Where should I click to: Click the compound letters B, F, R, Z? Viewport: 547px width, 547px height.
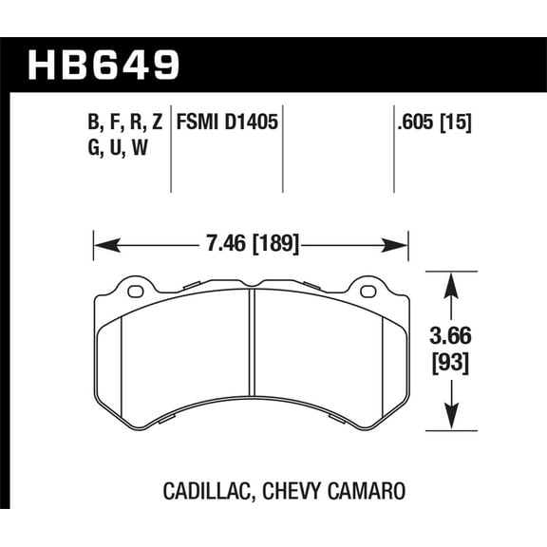124,123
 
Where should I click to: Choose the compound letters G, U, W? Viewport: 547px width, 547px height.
113,148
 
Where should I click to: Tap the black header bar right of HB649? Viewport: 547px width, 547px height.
361,65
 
